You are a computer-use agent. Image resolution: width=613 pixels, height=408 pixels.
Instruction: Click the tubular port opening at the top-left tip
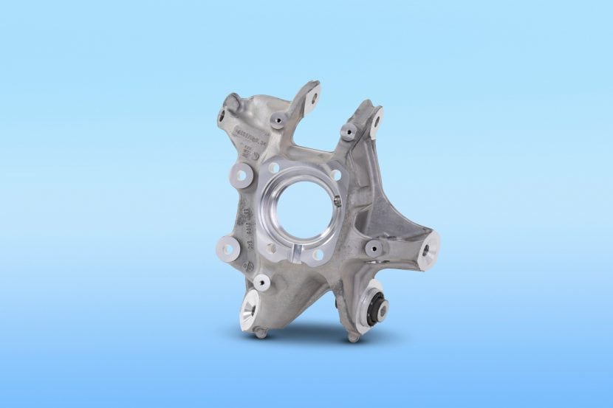[223, 116]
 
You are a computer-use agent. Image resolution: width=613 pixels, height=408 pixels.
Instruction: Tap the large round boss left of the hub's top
[239, 176]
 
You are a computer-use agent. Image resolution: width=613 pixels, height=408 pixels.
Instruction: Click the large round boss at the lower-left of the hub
[228, 248]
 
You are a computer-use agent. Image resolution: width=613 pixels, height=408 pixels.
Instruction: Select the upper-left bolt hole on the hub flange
[274, 168]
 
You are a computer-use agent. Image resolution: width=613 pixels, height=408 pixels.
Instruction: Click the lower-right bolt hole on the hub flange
[317, 255]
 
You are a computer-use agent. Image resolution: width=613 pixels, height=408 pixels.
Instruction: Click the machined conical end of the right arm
[429, 251]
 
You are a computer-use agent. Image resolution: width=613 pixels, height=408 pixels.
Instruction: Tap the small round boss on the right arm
[374, 247]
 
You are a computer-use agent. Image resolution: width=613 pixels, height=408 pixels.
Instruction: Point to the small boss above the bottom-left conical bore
[261, 282]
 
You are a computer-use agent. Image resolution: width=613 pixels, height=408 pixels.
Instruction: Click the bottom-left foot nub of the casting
[261, 334]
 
